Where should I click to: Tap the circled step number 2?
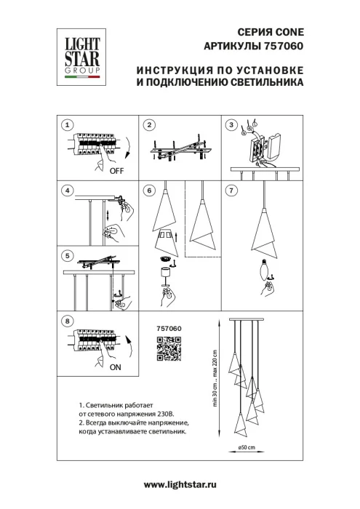(x=148, y=125)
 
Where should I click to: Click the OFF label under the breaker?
(x=116, y=172)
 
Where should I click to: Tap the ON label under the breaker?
(x=115, y=368)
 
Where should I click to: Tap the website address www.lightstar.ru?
(x=180, y=484)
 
